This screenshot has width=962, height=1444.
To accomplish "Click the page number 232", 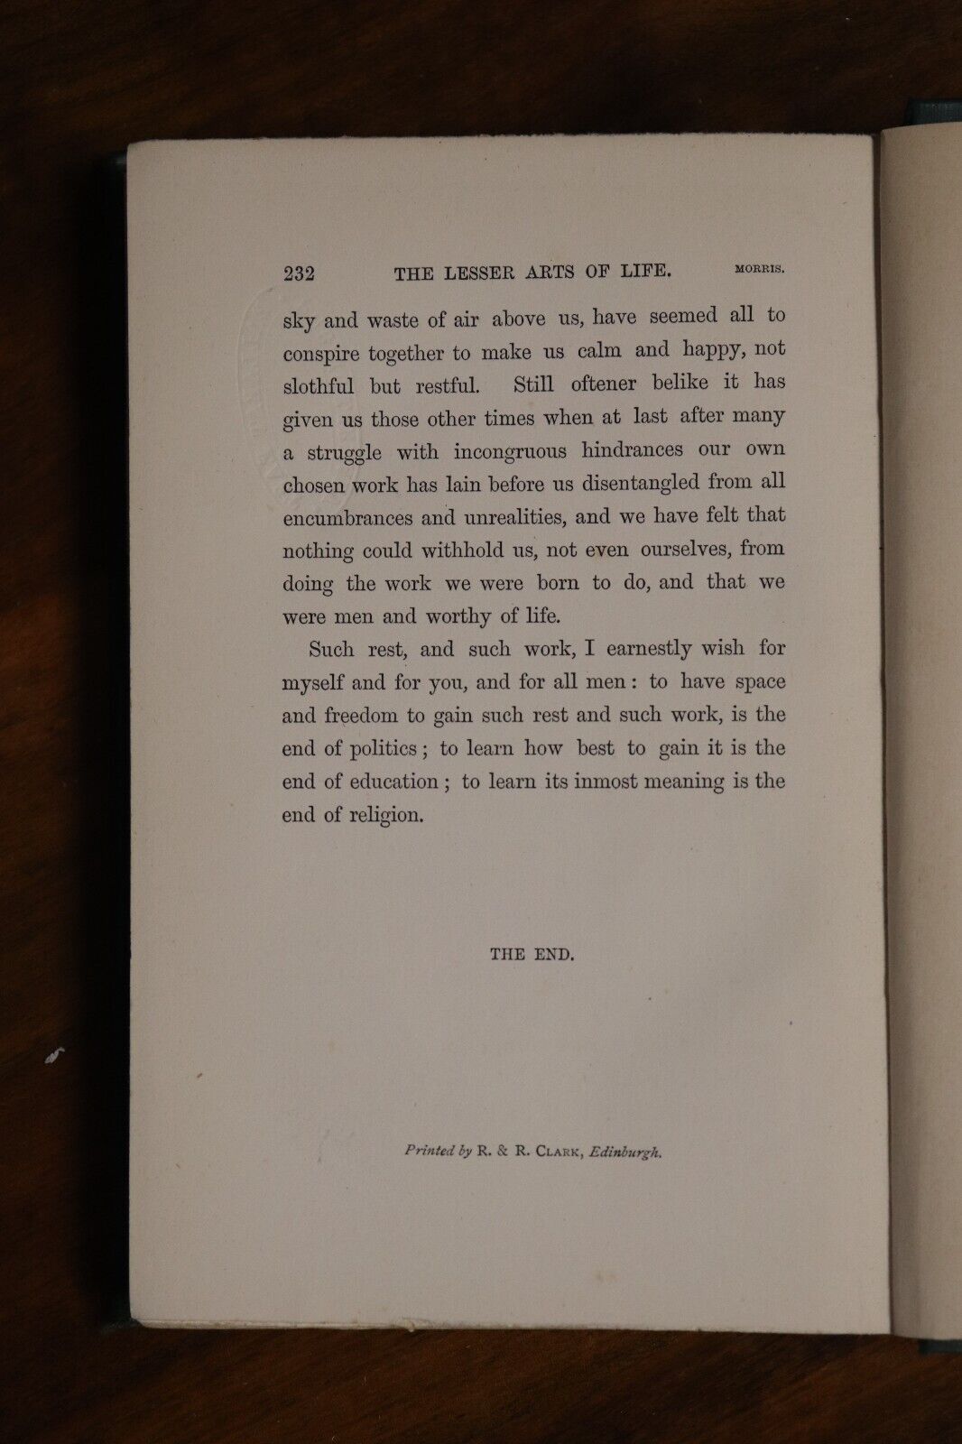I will pos(298,274).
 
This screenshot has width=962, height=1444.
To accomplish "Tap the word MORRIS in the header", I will pos(759,268).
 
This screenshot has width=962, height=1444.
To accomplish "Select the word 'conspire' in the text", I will pos(323,355).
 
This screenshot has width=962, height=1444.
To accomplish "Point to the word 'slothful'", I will pos(319,387).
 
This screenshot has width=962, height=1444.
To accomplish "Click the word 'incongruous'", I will pos(510,451).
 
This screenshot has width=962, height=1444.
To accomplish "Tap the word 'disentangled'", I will pos(642,483).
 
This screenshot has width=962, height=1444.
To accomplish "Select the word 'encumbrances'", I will pos(347,518).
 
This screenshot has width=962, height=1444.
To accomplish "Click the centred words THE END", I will pos(532,954).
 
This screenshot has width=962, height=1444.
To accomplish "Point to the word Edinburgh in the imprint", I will pos(625,1152).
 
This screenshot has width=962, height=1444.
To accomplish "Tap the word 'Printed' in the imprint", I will pos(430,1151).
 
